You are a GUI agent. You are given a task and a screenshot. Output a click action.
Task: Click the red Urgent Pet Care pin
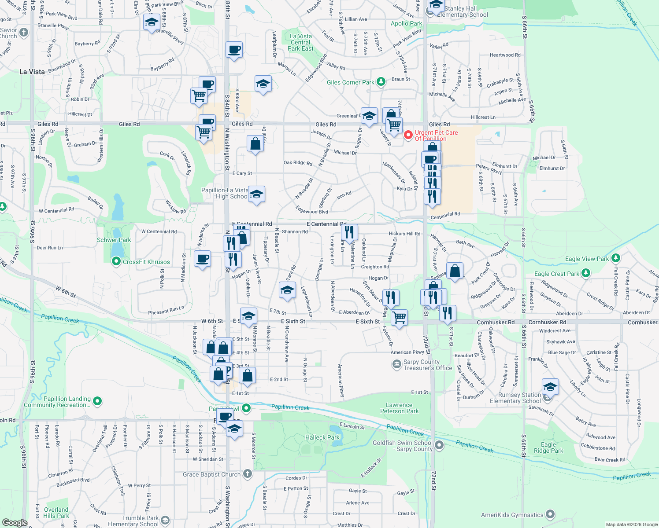point(408,135)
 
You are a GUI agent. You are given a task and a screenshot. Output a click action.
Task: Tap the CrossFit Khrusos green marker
point(116,261)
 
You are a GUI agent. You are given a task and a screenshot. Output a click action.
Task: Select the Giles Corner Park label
point(351,82)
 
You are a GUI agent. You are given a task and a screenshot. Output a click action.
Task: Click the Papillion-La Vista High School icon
point(256,194)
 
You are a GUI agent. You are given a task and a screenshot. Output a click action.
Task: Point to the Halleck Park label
point(322,437)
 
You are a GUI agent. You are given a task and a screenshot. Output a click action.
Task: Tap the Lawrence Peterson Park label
point(399,408)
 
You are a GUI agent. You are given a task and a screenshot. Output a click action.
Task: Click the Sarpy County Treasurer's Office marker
point(396,364)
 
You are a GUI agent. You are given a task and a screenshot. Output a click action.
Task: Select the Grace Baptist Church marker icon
point(248,474)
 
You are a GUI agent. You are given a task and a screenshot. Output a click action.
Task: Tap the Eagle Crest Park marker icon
point(585,273)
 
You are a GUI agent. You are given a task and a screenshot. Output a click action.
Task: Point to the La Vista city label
point(32,72)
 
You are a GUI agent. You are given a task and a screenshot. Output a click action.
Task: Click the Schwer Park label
point(114,240)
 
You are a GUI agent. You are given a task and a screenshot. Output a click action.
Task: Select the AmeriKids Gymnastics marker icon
point(550,514)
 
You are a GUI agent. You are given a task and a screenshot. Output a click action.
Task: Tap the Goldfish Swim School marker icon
point(439,446)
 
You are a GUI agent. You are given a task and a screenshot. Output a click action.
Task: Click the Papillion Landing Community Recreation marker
point(97,401)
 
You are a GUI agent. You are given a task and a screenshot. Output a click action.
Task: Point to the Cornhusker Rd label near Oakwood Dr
point(496,323)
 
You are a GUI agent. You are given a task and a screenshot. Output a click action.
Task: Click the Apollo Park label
point(406,23)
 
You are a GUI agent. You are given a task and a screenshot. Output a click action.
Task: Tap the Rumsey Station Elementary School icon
point(550,388)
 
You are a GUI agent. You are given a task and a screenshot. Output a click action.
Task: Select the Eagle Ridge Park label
point(548,447)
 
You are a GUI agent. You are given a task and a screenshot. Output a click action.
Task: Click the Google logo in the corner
point(15,522)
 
